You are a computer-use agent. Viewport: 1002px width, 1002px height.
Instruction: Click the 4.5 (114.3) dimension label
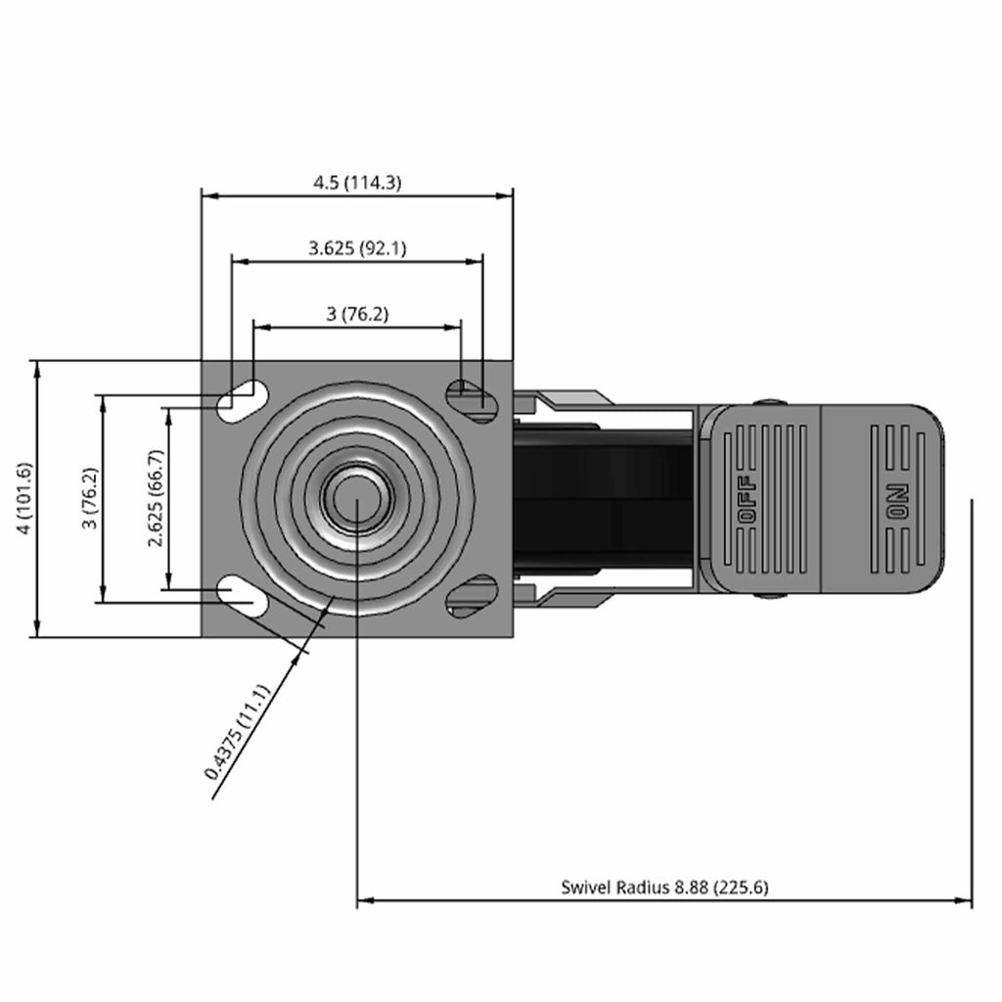(x=357, y=183)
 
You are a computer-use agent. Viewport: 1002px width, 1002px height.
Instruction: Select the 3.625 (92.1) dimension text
(x=357, y=248)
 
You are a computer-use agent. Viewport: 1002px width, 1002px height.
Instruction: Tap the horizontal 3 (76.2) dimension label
(x=357, y=314)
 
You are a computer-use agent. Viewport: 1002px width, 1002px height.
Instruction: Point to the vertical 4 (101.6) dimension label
(x=24, y=498)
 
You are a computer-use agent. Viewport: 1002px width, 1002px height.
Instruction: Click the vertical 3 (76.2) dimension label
(x=90, y=498)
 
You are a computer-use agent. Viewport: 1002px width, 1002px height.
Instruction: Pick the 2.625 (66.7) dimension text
(x=156, y=498)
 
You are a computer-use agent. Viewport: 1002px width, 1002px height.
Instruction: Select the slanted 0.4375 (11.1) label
(x=238, y=732)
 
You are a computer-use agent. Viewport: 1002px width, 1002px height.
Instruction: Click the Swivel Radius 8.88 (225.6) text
(x=664, y=887)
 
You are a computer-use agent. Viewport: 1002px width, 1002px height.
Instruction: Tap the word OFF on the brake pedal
(x=748, y=499)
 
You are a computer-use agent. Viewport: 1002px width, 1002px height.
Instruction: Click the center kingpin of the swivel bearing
(x=356, y=498)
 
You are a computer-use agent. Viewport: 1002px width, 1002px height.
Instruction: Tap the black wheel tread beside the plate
(x=602, y=498)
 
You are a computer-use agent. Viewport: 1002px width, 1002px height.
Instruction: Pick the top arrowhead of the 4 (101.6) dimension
(x=38, y=369)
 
